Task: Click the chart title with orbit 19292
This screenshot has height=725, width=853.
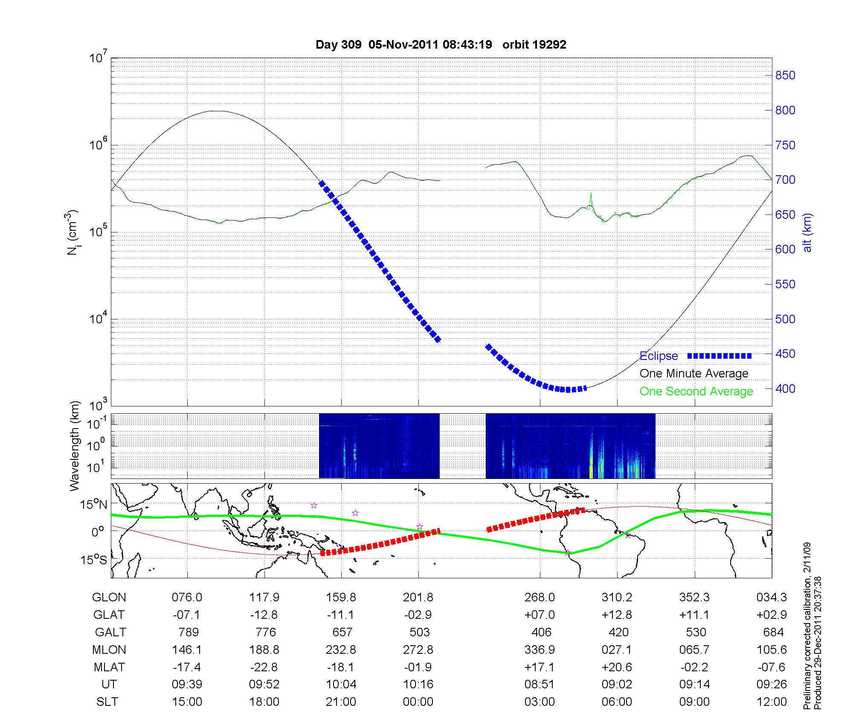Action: [441, 45]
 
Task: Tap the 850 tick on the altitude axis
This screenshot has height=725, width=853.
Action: [785, 75]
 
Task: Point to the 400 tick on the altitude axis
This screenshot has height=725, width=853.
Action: [785, 389]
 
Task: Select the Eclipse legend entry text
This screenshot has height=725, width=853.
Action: [659, 356]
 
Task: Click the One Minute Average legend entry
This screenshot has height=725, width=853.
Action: [694, 374]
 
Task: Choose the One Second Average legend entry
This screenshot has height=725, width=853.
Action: [696, 391]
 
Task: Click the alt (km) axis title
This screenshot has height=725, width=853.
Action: [807, 232]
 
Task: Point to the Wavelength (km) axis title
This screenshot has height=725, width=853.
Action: [75, 446]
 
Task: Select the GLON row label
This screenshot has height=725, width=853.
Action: [109, 597]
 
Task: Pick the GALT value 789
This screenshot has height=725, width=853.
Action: [187, 632]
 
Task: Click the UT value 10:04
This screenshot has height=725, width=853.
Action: [341, 684]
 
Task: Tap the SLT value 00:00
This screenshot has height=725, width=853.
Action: [418, 702]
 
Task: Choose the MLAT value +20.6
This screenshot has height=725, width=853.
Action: [617, 667]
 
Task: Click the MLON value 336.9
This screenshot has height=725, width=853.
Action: [540, 650]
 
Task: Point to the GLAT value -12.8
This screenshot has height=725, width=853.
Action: [264, 615]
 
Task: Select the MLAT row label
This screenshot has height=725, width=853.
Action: [109, 667]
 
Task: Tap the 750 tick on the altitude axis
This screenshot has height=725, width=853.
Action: [785, 145]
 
